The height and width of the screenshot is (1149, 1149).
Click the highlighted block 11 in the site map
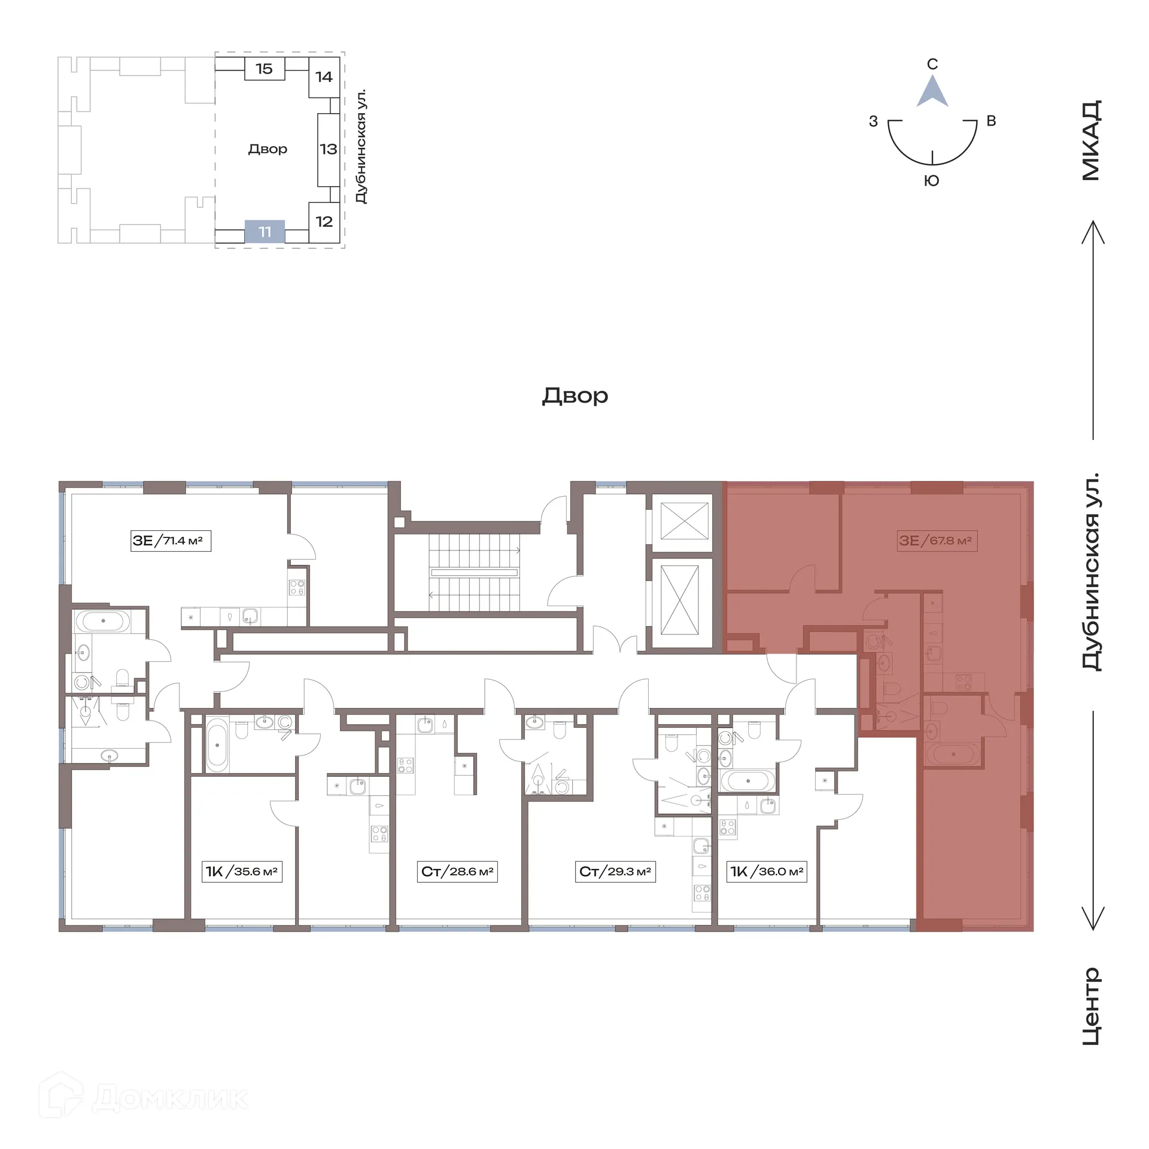[265, 232]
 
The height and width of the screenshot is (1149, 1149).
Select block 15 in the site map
[264, 69]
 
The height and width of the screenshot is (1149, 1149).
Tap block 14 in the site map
[324, 77]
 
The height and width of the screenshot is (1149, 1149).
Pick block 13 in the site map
[328, 149]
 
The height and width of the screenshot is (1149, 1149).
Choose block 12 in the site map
[324, 221]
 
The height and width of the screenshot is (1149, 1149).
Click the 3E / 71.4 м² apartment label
[171, 541]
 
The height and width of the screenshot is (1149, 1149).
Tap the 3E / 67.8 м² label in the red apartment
[937, 541]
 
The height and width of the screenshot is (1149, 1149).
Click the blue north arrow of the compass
[932, 93]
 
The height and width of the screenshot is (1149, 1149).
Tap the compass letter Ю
[932, 181]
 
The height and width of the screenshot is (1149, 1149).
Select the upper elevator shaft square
[685, 521]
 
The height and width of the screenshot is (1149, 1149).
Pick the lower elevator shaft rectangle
[679, 600]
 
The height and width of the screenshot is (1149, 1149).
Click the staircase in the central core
[474, 573]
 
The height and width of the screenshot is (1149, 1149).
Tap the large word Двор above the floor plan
[575, 396]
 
